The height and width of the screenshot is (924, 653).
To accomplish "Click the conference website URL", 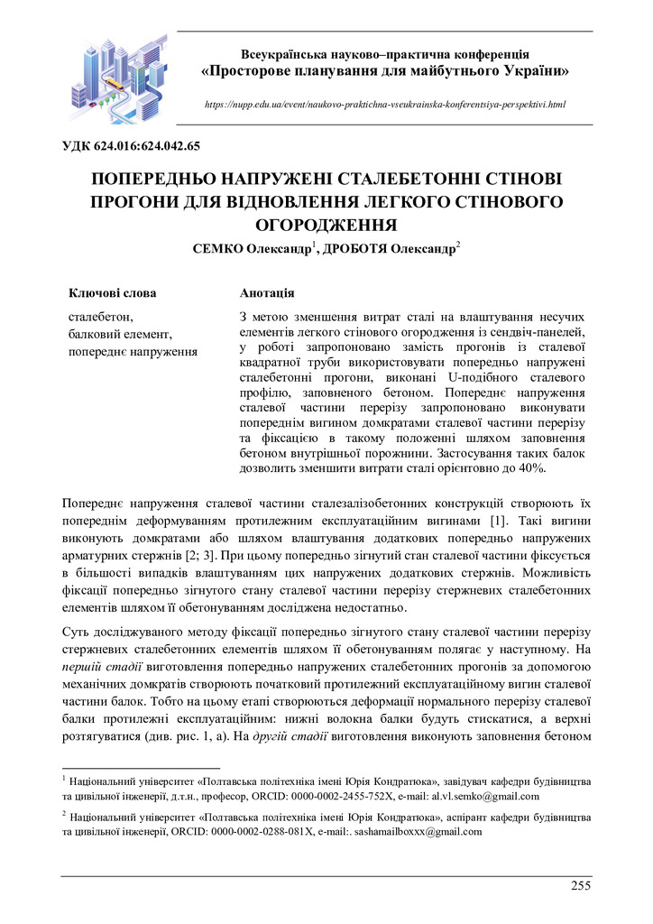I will (x=385, y=105).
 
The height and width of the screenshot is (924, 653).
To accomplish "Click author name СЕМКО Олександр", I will (x=251, y=248).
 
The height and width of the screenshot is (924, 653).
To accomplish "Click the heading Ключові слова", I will (x=112, y=293).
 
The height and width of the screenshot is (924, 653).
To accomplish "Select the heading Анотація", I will (x=267, y=293).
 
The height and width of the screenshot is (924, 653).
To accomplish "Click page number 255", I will (x=581, y=886).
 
